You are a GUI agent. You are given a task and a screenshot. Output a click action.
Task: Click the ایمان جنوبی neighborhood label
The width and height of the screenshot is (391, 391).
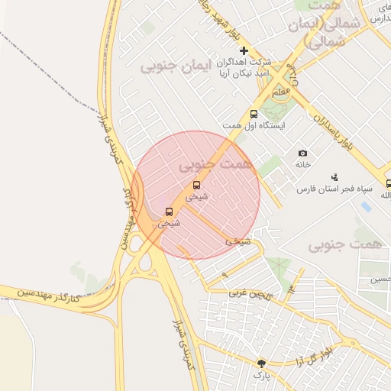(x=169, y=67)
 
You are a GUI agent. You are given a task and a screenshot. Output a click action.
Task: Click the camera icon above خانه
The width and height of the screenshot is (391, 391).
(x=303, y=153)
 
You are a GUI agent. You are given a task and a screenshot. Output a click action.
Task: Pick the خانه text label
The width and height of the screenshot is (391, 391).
(x=303, y=164)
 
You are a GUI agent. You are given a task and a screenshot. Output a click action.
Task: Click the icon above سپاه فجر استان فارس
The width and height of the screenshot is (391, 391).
(x=335, y=176)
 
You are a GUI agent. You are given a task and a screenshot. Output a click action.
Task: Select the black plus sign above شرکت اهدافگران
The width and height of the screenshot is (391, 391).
(x=244, y=50)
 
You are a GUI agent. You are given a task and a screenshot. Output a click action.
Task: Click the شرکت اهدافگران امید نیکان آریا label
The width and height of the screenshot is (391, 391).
(x=246, y=66)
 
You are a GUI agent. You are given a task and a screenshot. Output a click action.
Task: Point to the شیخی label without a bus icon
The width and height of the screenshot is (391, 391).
(x=237, y=241)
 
